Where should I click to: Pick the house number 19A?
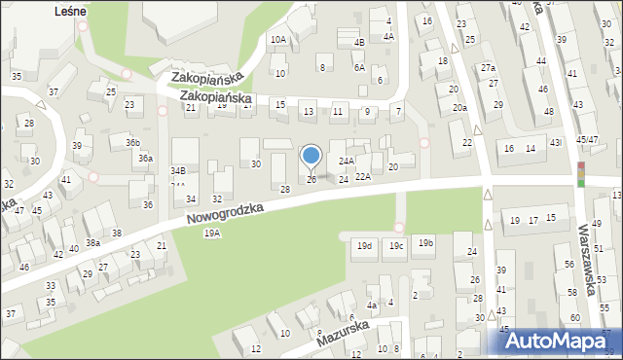(x=211, y=234)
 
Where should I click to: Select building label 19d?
(x=364, y=245)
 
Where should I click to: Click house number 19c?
(x=394, y=245)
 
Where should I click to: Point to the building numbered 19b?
(x=425, y=243)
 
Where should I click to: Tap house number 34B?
(x=177, y=170)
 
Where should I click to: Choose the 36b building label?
(x=132, y=142)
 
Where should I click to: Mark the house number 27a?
(x=488, y=67)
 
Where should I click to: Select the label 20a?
(x=459, y=108)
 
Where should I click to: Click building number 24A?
(x=346, y=161)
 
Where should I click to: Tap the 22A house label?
(x=362, y=177)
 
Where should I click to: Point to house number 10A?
(x=278, y=39)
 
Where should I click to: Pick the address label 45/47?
(x=586, y=140)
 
